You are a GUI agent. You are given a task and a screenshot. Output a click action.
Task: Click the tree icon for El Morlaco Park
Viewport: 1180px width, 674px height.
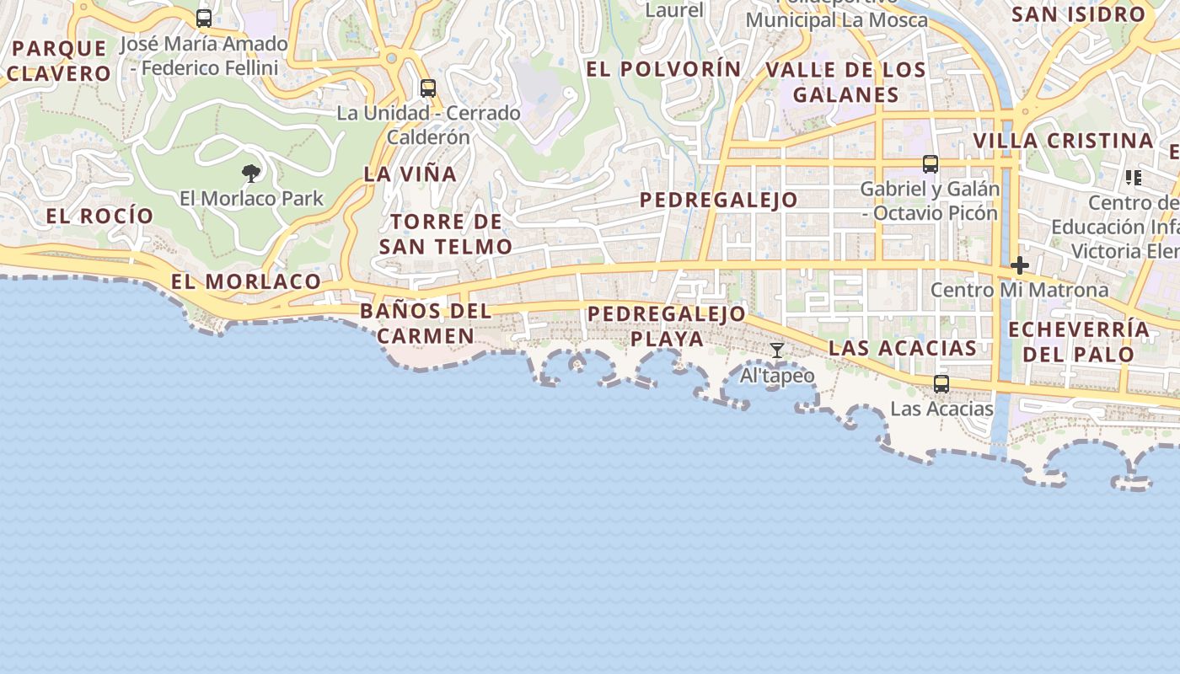point(250,174)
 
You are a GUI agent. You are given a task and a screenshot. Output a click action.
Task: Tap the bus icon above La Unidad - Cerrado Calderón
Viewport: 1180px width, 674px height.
point(428,88)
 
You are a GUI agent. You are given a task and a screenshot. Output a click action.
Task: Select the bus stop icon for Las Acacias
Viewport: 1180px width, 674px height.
point(941,384)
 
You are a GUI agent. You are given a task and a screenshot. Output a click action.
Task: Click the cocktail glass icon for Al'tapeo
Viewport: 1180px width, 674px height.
point(777,350)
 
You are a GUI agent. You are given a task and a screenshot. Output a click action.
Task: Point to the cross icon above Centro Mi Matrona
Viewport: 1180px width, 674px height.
point(1020,266)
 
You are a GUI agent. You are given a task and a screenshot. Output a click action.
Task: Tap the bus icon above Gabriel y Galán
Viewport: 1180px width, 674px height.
point(931,164)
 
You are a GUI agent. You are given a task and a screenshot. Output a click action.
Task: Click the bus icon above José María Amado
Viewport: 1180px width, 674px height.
point(204,18)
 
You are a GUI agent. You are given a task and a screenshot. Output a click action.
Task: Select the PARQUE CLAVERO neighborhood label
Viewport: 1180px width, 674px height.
point(59,61)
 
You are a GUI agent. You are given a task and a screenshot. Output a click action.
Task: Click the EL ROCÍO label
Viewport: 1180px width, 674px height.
point(99,216)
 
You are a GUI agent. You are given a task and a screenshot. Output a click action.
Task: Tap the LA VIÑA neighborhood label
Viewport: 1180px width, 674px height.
point(410,174)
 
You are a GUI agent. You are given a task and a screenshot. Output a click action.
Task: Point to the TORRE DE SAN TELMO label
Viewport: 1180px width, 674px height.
point(446,234)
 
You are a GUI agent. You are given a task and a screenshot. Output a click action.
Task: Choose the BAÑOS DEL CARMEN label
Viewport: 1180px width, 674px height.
point(426,324)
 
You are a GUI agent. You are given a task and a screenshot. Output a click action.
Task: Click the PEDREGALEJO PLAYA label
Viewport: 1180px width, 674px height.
point(667,326)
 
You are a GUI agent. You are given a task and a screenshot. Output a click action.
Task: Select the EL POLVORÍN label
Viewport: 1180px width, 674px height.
point(663,69)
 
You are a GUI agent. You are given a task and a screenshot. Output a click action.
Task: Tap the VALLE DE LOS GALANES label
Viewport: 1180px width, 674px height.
point(846,82)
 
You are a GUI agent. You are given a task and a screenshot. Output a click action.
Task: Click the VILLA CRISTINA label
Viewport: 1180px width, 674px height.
point(1064,141)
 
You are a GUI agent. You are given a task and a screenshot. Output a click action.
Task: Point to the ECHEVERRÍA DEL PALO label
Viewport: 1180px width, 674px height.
point(1079,341)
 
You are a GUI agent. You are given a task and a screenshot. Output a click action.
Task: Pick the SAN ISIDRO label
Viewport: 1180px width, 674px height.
point(1079,14)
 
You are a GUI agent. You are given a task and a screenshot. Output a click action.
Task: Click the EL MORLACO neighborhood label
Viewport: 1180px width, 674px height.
point(246,281)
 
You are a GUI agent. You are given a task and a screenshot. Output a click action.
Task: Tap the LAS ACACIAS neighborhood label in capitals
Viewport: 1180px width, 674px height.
point(903,348)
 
